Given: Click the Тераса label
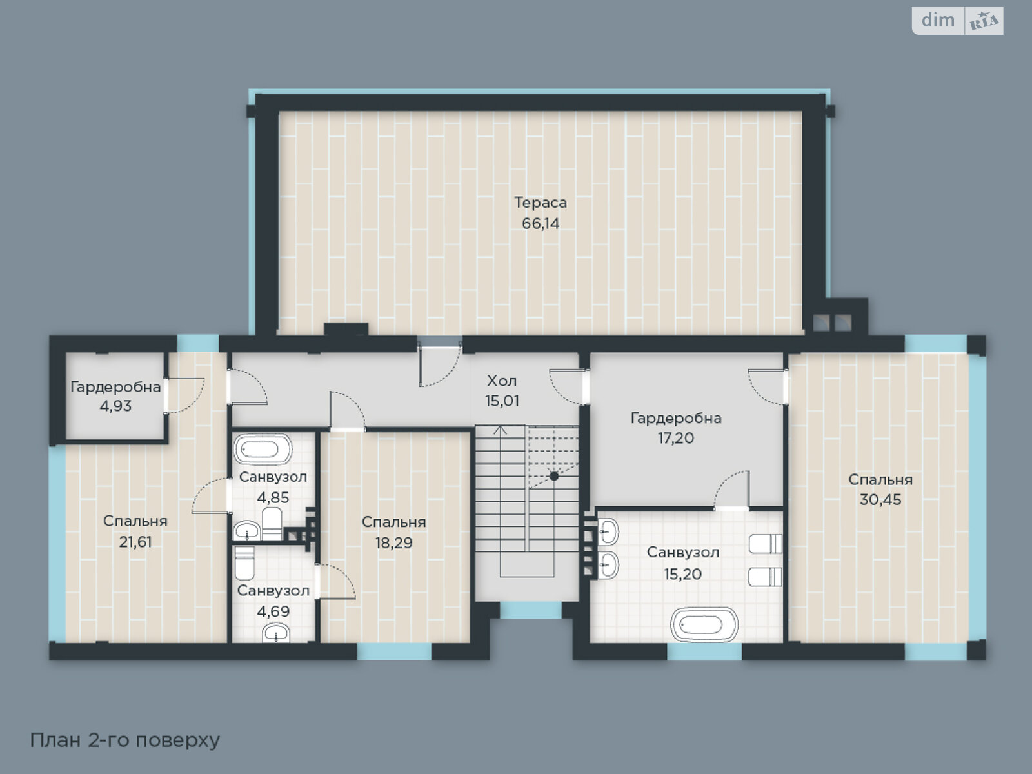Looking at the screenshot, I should [x=541, y=203].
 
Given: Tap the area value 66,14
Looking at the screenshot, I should [x=541, y=224].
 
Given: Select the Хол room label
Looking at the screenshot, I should [x=502, y=380].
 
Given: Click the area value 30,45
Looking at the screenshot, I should [x=880, y=500].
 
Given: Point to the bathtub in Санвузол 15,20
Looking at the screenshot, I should [x=704, y=624].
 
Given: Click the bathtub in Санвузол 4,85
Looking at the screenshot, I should [x=263, y=450].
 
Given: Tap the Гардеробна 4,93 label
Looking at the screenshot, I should [x=115, y=388].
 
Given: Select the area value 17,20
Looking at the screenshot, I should [x=676, y=439].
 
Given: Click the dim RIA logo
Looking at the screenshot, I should [x=957, y=21].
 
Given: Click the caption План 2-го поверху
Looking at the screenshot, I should [x=125, y=740].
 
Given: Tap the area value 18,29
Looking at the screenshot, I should [x=393, y=543].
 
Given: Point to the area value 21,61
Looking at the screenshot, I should [x=135, y=542].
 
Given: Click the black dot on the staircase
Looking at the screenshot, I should [x=554, y=476].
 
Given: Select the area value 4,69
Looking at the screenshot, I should [x=273, y=611].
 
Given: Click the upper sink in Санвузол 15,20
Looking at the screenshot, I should [x=608, y=532].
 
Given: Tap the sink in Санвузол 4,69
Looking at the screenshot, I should [x=277, y=635].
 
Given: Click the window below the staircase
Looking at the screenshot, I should [x=531, y=610].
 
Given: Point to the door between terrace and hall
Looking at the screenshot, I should [x=439, y=365].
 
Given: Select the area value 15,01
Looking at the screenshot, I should [x=502, y=401].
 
